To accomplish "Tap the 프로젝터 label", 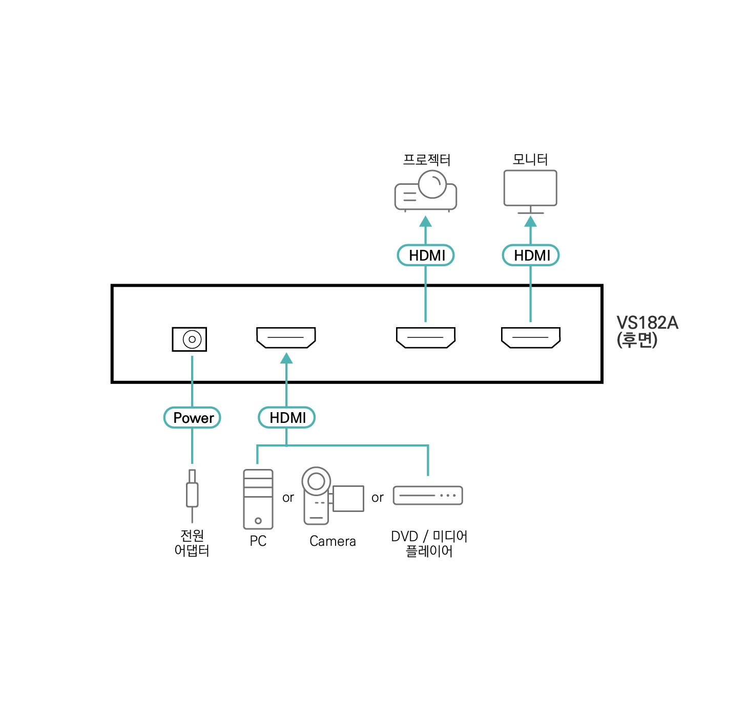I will [426, 160].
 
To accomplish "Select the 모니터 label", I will [530, 159].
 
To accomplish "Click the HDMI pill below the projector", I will [426, 255].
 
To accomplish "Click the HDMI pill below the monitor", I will [531, 255].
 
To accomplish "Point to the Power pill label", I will [192, 418].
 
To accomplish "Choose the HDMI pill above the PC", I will [286, 418].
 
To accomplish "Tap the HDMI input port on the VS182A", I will [286, 337].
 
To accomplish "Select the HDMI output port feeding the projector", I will [425, 337].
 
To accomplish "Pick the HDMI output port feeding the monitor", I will [530, 337].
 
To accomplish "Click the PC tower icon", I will [258, 499].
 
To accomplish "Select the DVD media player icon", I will [428, 496].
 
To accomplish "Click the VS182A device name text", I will [647, 323].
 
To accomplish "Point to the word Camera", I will [333, 541].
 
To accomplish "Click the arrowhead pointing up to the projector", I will [425, 222].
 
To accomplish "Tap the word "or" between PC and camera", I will [288, 498].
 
